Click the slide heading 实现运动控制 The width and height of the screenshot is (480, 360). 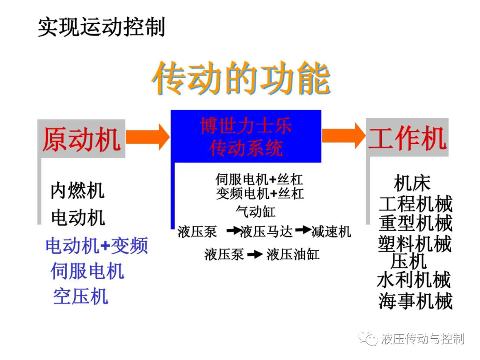101,27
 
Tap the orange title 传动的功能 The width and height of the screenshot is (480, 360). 241,78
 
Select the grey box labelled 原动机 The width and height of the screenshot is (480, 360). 81,139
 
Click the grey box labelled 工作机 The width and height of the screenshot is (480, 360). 407,137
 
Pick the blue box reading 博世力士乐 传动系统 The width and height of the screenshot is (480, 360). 246,136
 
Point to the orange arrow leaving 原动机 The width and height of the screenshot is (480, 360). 148,137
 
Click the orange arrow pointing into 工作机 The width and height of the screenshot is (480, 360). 344,136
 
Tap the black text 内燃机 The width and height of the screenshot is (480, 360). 77,190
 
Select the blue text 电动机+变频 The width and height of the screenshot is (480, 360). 97,245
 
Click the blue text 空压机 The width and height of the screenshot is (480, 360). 80,296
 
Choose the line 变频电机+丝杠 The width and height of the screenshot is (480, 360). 260,193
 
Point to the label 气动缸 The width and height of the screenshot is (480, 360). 255,212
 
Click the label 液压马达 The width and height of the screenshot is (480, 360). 267,232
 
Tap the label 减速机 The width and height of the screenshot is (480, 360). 331,232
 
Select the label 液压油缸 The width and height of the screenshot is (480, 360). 293,254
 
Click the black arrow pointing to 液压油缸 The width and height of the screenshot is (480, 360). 255,254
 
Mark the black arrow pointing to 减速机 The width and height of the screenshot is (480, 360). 303,230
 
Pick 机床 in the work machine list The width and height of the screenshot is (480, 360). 412,183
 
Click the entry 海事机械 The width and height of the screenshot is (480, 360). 416,300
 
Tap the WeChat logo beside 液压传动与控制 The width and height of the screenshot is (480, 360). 368,338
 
